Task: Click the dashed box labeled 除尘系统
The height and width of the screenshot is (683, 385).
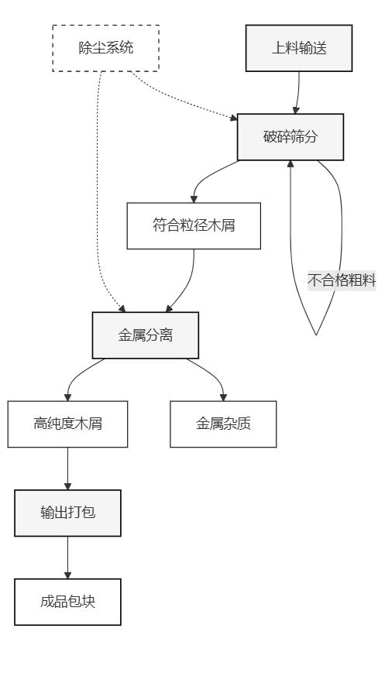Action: point(106,48)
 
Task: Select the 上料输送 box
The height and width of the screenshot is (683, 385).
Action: point(298,48)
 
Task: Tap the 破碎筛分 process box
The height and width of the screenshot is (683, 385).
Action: point(290,137)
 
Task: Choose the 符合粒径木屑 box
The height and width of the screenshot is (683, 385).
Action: point(194,226)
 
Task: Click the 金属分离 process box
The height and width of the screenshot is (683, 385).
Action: point(146,335)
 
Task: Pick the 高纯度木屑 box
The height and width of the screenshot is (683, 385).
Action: point(67,424)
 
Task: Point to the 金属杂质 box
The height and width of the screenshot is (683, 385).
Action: point(223,424)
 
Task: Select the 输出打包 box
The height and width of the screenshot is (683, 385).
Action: point(67,513)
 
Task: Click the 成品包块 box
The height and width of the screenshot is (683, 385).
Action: point(67,602)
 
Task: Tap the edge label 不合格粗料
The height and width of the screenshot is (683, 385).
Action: point(342,280)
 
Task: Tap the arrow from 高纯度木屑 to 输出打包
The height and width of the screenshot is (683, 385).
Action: point(67,468)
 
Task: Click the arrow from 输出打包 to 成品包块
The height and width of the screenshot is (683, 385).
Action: point(67,558)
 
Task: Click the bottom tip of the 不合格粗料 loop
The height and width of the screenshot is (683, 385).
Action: point(316,334)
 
